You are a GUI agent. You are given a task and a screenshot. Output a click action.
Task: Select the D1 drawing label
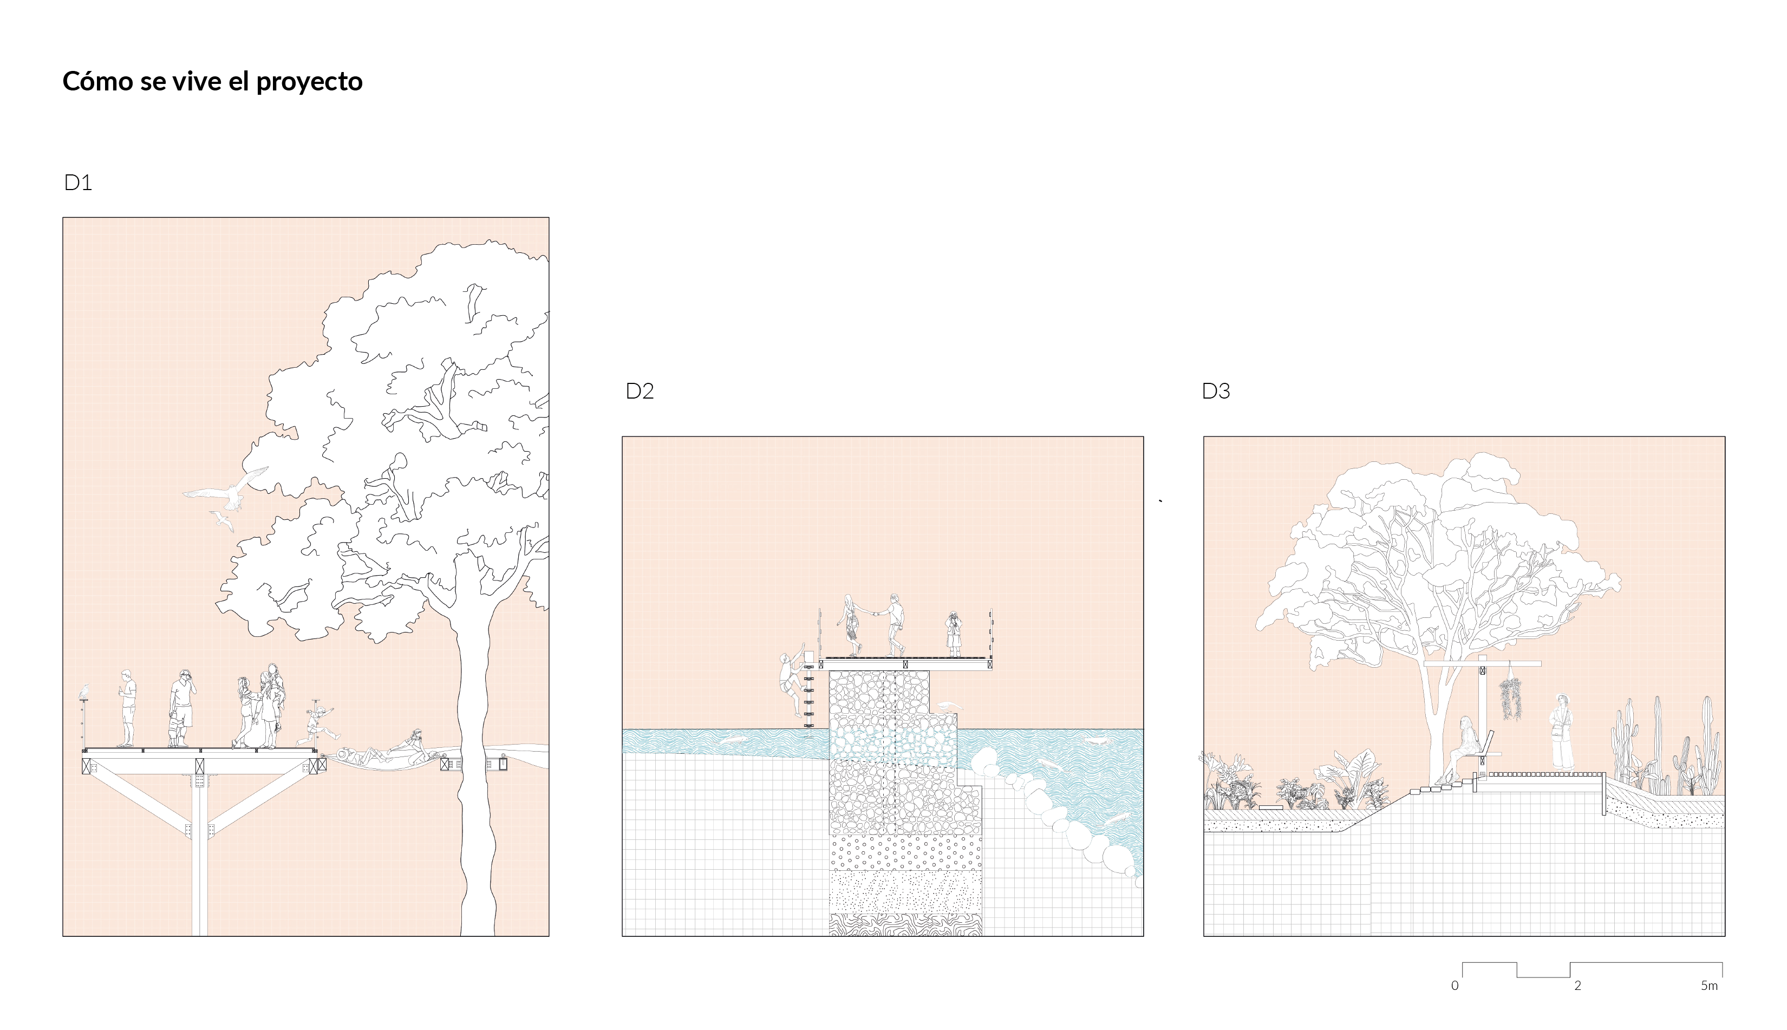(x=78, y=182)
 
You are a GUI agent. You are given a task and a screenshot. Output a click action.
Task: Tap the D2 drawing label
(x=640, y=391)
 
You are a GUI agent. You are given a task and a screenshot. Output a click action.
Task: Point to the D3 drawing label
(x=1216, y=391)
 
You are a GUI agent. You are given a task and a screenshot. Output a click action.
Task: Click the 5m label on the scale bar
(x=1708, y=986)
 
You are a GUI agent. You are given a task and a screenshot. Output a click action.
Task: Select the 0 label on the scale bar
(x=1455, y=986)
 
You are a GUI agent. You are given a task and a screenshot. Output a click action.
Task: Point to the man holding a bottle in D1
(x=127, y=707)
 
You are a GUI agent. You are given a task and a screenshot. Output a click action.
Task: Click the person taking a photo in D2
(x=953, y=634)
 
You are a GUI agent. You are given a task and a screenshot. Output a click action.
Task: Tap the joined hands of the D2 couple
(x=874, y=614)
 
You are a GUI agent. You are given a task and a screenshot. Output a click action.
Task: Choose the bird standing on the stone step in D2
(x=950, y=707)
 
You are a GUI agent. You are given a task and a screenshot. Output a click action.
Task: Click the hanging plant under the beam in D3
(x=1510, y=699)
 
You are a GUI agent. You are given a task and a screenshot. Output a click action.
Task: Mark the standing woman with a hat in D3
(x=1561, y=732)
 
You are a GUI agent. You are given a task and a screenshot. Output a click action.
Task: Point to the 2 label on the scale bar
(x=1577, y=986)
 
